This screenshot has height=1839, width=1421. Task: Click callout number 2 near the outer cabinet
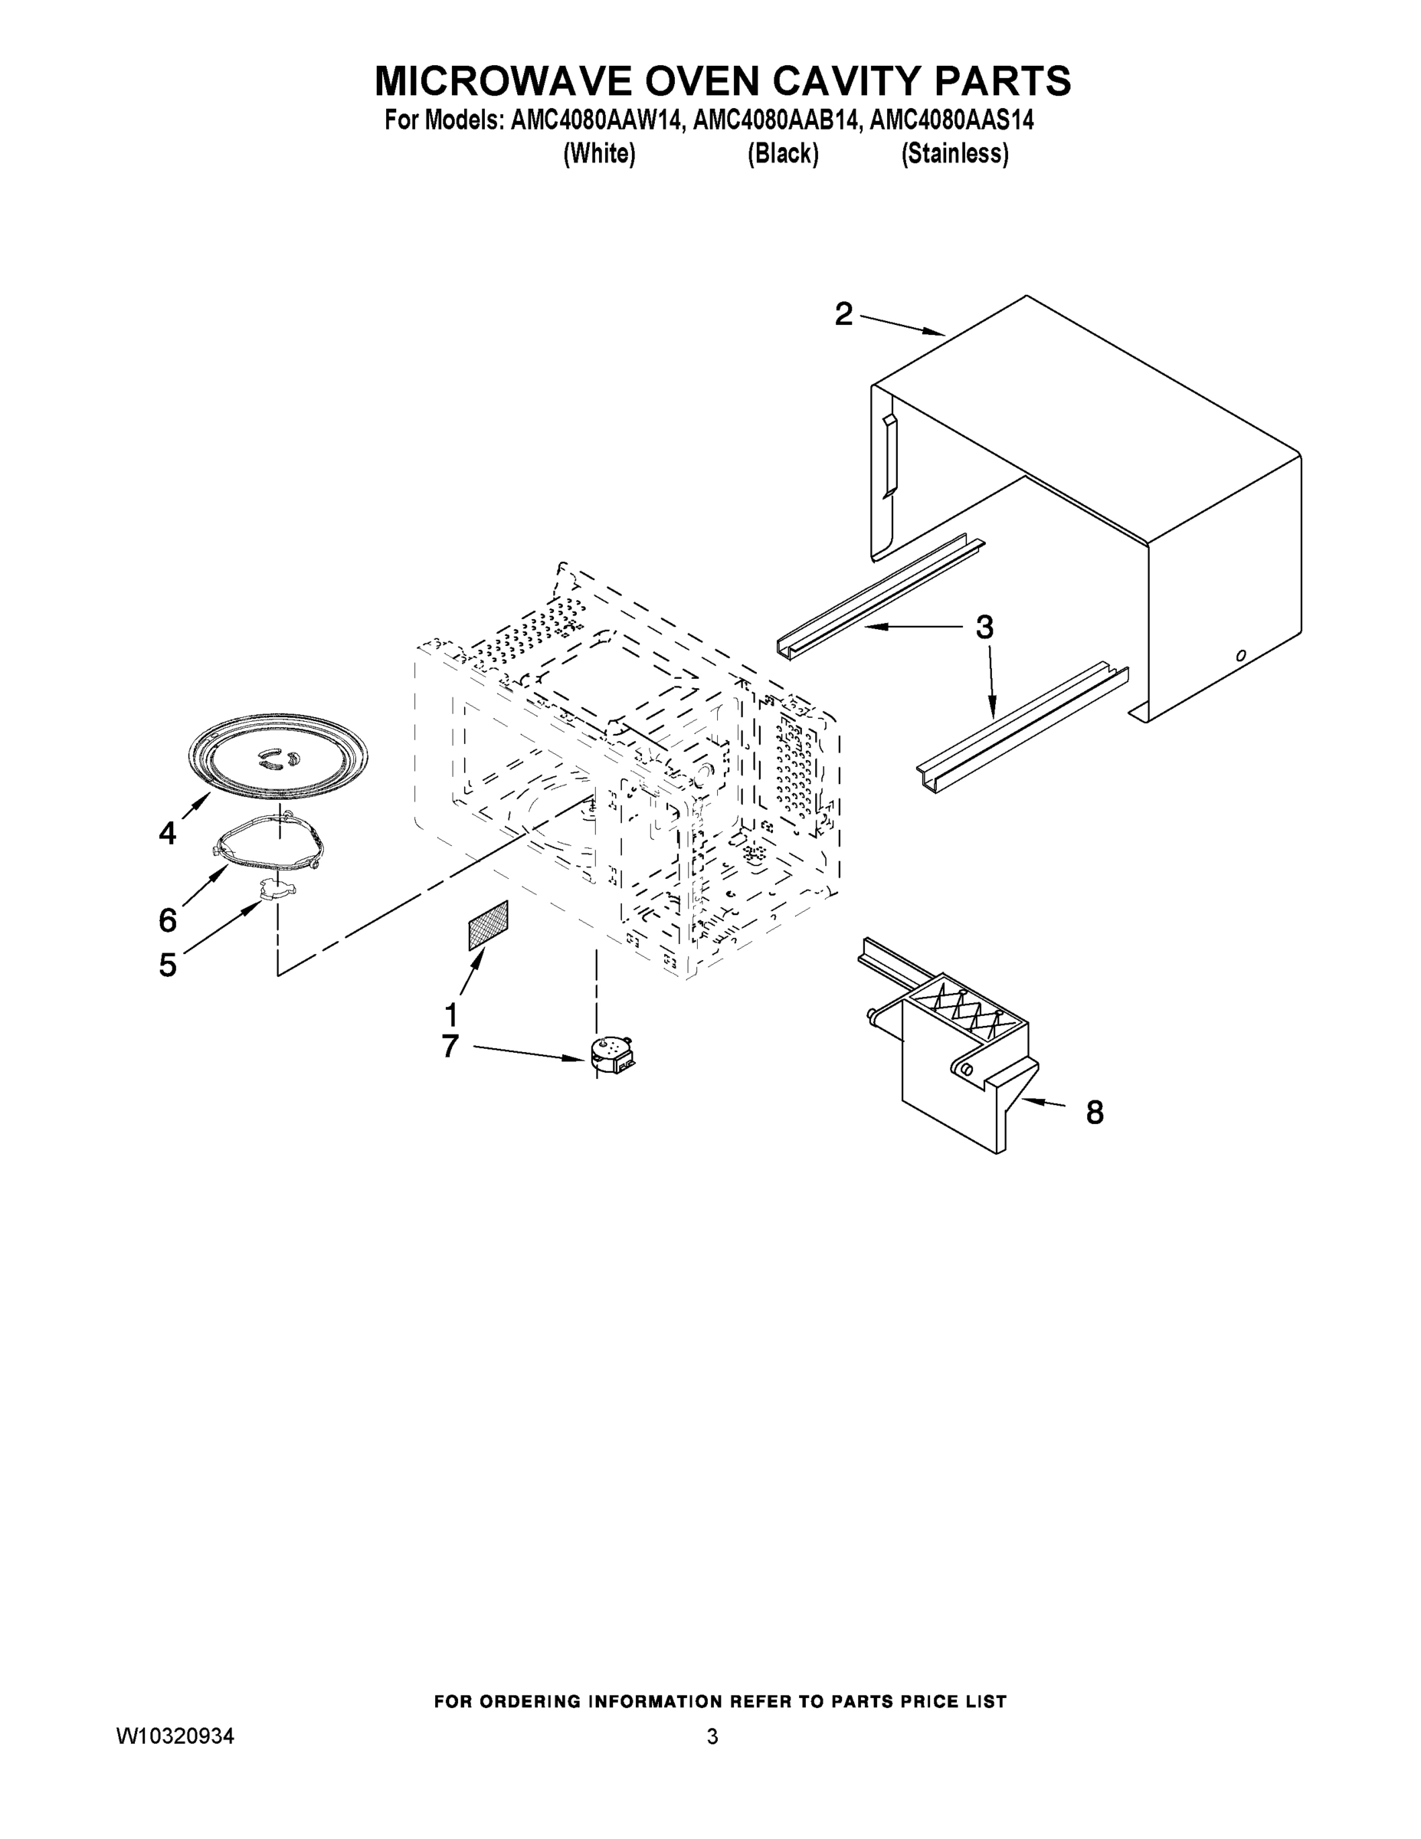[843, 315]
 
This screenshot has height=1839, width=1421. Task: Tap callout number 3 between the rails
[984, 628]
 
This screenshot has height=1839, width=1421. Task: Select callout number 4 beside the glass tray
[168, 834]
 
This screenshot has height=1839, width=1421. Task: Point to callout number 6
[168, 920]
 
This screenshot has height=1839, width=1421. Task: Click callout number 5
[168, 965]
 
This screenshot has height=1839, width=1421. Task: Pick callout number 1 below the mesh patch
[451, 1015]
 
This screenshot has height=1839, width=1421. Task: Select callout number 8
[1095, 1113]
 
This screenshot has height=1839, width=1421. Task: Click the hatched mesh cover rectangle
[488, 926]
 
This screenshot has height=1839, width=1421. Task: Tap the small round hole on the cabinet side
[1240, 655]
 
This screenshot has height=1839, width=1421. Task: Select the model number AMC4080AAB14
[777, 120]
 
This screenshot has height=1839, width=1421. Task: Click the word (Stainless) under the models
[954, 154]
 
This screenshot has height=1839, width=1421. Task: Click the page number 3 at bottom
[712, 1736]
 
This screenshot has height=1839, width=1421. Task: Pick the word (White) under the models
[598, 154]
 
